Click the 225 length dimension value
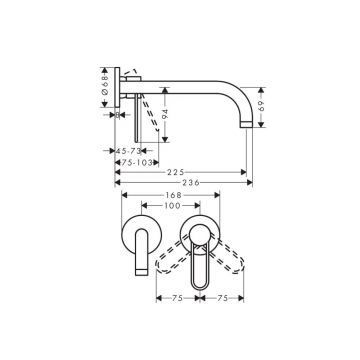point(181,171)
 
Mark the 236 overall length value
point(184,186)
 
